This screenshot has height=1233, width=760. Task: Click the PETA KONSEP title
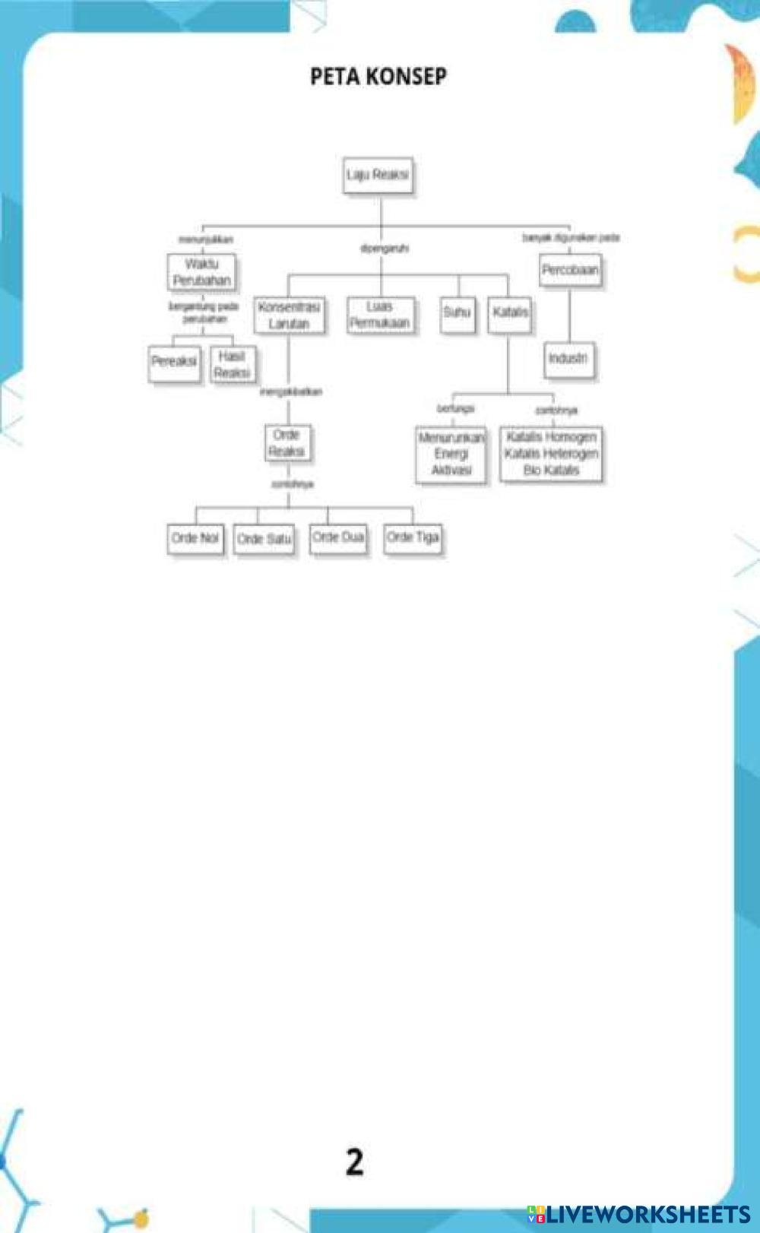[x=378, y=76]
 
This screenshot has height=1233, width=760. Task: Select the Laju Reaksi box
[x=378, y=176]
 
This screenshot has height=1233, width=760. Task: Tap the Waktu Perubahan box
[x=201, y=272]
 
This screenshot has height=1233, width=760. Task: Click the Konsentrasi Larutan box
[x=289, y=315]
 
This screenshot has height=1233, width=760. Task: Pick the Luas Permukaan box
[x=380, y=315]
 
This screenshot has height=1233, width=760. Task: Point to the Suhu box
[x=458, y=313]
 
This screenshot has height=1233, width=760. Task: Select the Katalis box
[x=510, y=313]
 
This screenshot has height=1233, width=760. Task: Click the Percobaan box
[x=570, y=270]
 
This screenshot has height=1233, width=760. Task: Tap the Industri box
[x=568, y=359]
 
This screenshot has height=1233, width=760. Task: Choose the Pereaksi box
[x=174, y=362]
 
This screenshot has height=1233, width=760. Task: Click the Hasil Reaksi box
[x=232, y=365]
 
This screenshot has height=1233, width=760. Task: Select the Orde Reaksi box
[x=287, y=443]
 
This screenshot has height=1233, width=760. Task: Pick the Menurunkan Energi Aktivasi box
[x=451, y=454]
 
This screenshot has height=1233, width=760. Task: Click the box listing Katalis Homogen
[x=551, y=454]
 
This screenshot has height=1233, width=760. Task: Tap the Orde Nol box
[x=195, y=539]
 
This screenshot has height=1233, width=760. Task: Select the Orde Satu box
[x=264, y=540]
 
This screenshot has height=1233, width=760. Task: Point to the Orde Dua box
[x=338, y=538]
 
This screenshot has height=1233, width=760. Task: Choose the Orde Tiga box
[x=413, y=538]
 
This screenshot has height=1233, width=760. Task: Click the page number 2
[x=355, y=1162]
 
